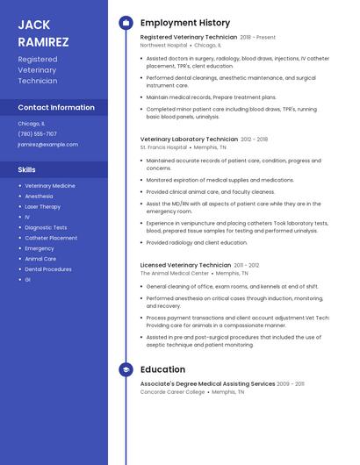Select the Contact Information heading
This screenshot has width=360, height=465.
point(56,107)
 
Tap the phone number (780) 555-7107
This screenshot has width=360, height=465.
point(37,134)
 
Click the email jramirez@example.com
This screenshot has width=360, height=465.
point(47,145)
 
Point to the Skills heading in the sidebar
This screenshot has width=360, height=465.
point(27,169)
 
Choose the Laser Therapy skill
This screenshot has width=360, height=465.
point(43,206)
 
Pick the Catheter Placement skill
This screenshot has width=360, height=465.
point(51,238)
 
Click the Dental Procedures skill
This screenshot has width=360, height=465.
point(48,269)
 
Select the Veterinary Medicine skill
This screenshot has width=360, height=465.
point(50,186)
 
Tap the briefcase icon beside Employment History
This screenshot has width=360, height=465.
point(126,23)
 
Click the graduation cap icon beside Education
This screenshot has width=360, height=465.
point(126,369)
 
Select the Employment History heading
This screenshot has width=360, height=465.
point(185,23)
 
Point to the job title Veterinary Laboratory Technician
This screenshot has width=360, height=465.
point(189,139)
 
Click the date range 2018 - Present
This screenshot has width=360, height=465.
point(258,38)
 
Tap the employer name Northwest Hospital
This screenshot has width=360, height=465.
point(163,46)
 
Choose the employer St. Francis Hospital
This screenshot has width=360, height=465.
point(163,147)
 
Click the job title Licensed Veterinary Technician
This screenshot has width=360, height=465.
point(185,264)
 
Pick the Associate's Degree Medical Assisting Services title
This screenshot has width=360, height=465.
point(207,383)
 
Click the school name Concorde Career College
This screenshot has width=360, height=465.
point(172,392)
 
